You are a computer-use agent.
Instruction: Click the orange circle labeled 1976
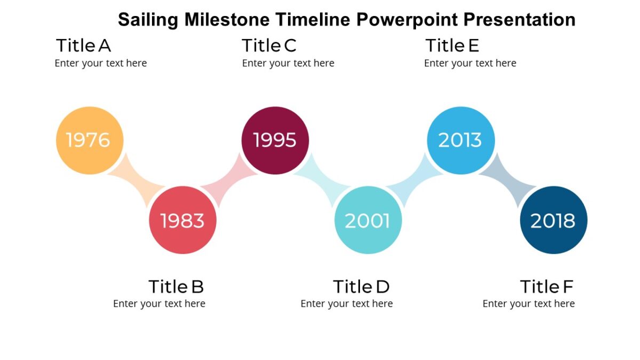(90, 140)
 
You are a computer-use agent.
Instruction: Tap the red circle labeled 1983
(182, 220)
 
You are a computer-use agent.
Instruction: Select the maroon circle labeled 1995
(275, 140)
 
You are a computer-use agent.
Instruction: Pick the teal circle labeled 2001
(367, 220)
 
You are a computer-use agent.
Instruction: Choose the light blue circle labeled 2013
(460, 140)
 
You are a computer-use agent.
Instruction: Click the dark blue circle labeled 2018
(553, 220)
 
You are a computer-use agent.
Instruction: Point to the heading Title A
(83, 46)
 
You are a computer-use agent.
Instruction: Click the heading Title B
(176, 286)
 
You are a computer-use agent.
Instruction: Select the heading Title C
(269, 46)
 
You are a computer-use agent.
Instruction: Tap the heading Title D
(361, 286)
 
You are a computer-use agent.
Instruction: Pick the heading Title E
(452, 46)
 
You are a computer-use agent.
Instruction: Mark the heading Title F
(546, 286)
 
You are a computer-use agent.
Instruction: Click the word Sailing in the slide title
(148, 20)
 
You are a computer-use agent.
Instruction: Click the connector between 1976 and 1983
(136, 180)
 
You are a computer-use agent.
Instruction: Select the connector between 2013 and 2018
(507, 180)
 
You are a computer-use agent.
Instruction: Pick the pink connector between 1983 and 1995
(229, 180)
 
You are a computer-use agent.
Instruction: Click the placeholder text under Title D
(347, 303)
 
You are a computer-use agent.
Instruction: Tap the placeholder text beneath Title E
(470, 63)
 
